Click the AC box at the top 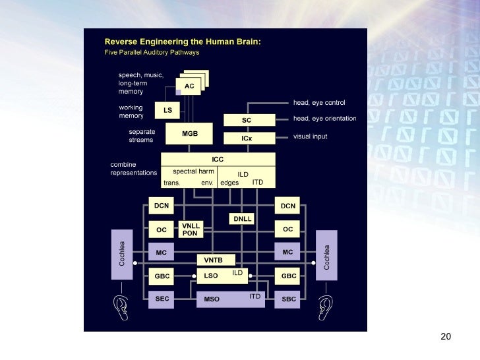click(189, 87)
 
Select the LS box click(167, 110)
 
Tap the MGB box click(190, 134)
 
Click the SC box click(247, 121)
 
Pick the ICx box click(247, 139)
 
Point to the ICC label click(218, 160)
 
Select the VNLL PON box click(190, 229)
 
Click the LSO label click(211, 276)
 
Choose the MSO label click(212, 299)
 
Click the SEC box click(162, 298)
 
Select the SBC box click(288, 298)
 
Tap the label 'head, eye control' click(319, 103)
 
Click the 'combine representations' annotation click(133, 168)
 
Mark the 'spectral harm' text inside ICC click(193, 171)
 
